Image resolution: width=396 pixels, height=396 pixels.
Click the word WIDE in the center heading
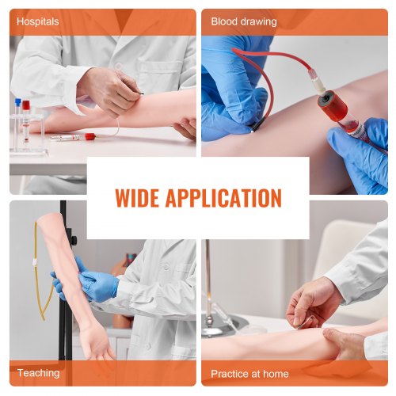[x=143, y=197]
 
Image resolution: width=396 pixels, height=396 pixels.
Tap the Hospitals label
[x=37, y=21]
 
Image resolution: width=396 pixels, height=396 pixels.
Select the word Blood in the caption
[x=224, y=21]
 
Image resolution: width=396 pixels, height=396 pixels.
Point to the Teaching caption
[x=38, y=372]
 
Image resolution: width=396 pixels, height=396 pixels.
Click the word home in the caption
[x=273, y=372]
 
